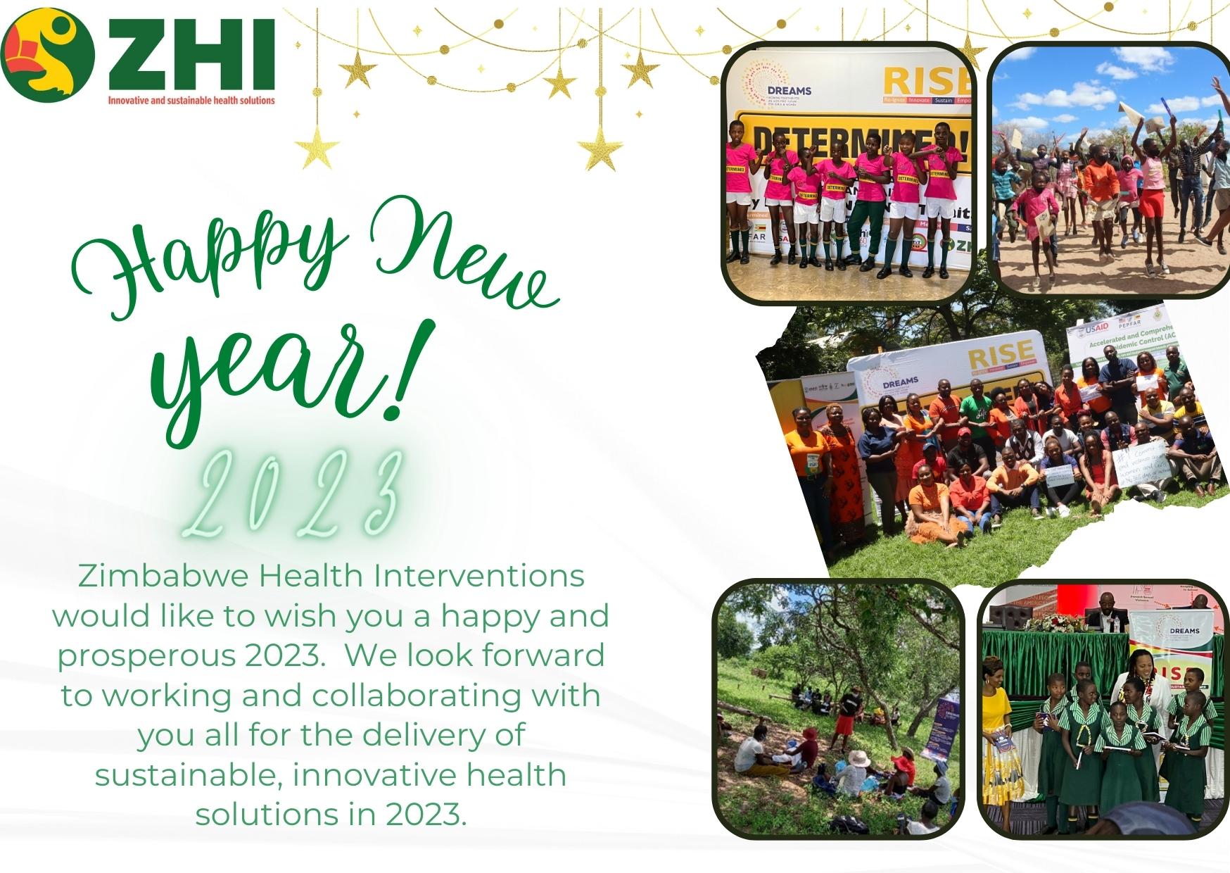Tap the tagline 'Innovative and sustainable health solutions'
[x=191, y=101]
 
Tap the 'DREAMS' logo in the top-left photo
[x=788, y=90]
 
